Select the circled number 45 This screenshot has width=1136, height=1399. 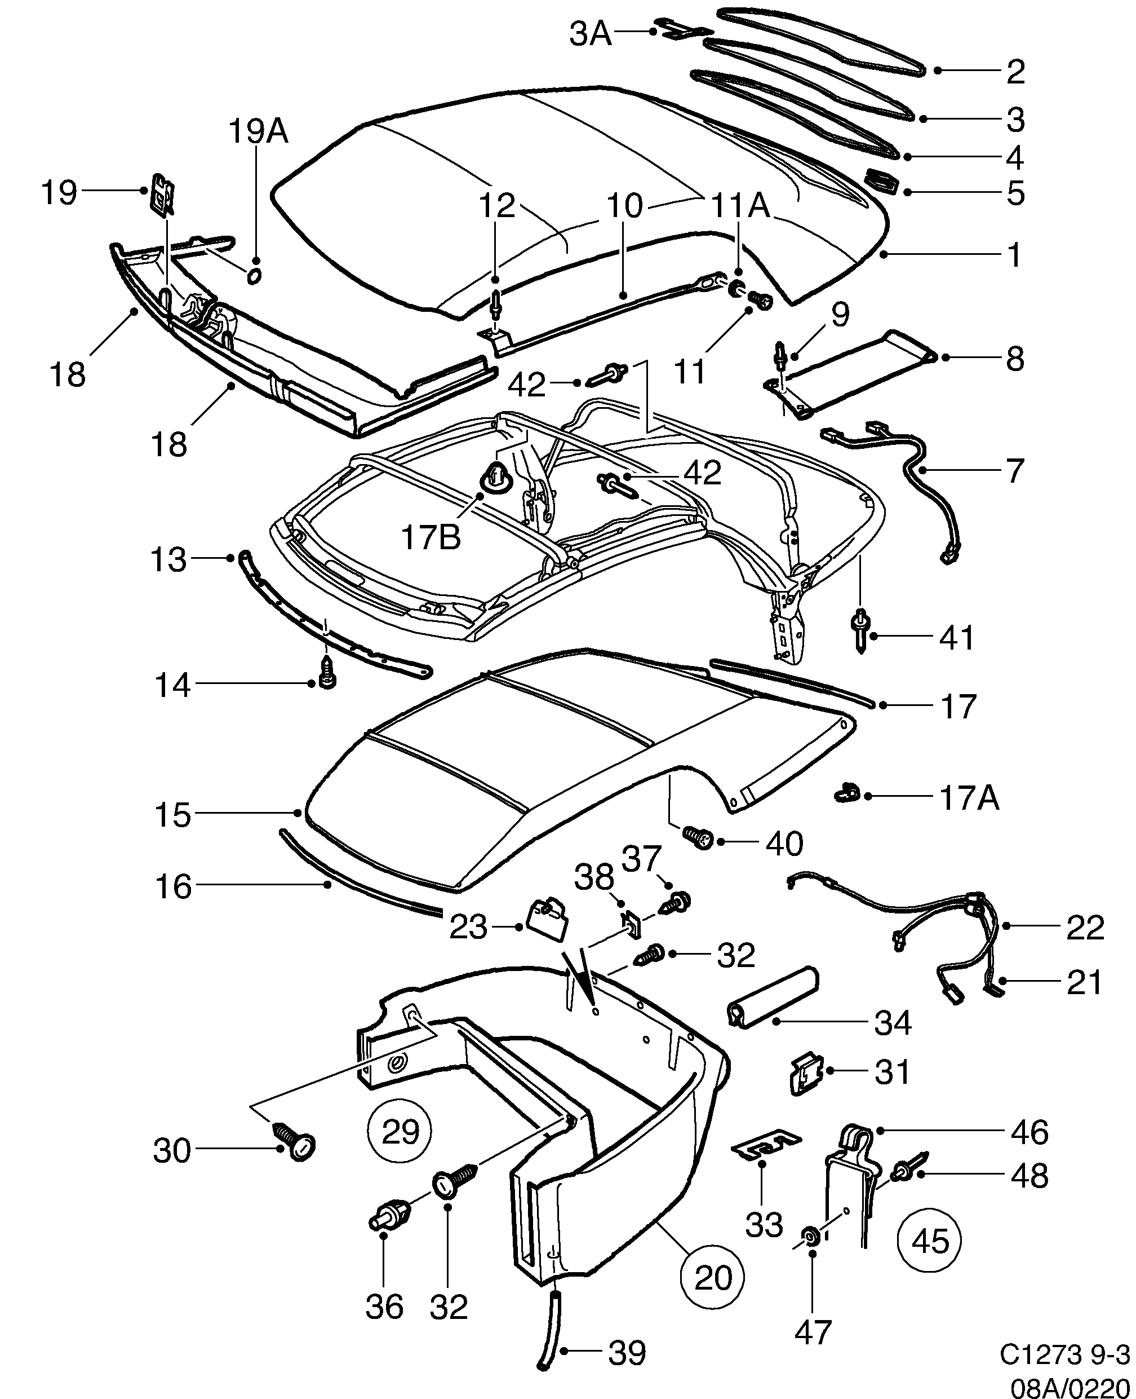(929, 1241)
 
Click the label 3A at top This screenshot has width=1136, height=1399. (590, 34)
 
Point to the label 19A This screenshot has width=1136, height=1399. (258, 131)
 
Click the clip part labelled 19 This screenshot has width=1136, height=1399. (163, 195)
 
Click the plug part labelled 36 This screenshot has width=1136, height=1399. (390, 1217)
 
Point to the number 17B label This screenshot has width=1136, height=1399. (431, 537)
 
